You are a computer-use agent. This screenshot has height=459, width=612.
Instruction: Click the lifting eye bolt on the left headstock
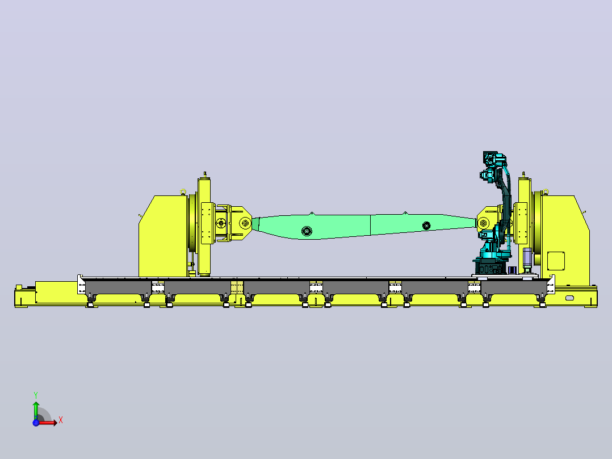pyautogui.click(x=183, y=192)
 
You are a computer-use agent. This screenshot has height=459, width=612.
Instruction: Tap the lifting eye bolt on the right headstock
pyautogui.click(x=546, y=192)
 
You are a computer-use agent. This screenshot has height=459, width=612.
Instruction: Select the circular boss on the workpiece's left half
pyautogui.click(x=307, y=231)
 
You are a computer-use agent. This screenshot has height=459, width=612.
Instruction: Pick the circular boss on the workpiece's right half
pyautogui.click(x=426, y=226)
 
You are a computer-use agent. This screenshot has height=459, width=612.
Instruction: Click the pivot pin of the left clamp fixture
pyautogui.click(x=245, y=223)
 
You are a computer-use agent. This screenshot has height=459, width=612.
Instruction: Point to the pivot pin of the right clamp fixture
pyautogui.click(x=483, y=223)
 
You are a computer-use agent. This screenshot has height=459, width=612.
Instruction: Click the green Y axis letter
pyautogui.click(x=36, y=395)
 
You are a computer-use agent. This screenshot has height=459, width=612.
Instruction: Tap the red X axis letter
pyautogui.click(x=61, y=420)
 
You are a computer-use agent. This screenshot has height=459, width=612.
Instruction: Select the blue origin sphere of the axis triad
pyautogui.click(x=36, y=423)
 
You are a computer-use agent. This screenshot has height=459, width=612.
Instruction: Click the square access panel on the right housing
pyautogui.click(x=556, y=261)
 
